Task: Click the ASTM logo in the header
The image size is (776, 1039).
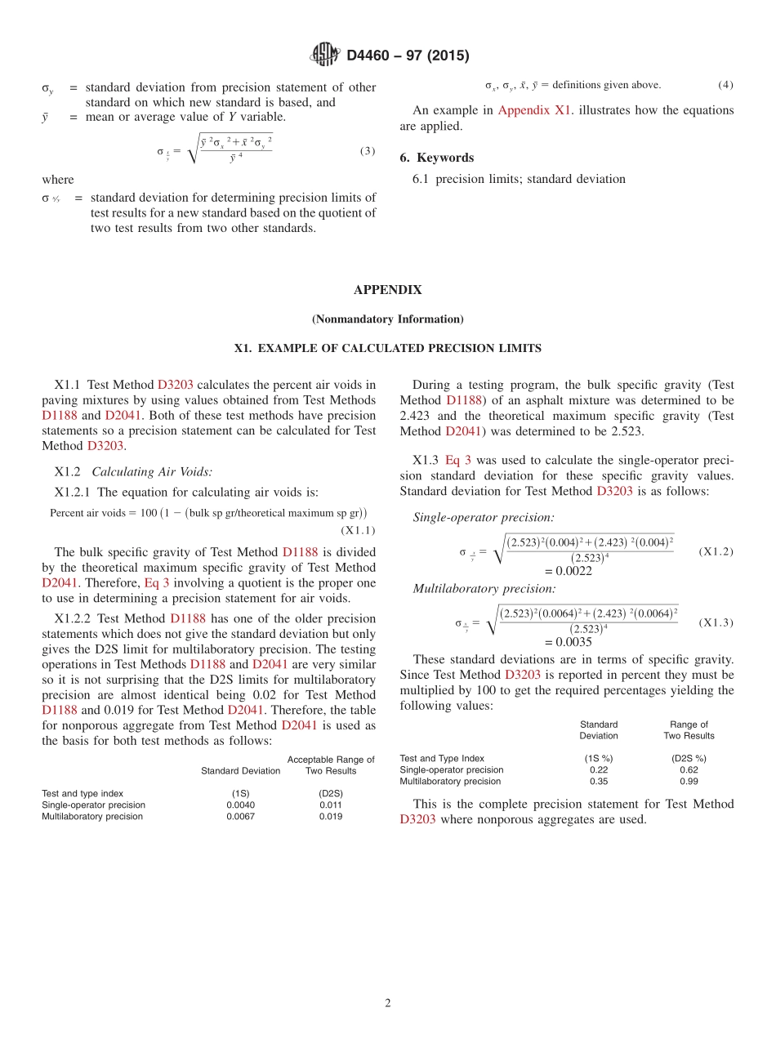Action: tap(324, 56)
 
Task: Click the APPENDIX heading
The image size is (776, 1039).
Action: tap(387, 290)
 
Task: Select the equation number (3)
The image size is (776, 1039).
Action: tap(367, 151)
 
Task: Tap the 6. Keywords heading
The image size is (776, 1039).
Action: tap(436, 158)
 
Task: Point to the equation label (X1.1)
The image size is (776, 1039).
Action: tap(358, 529)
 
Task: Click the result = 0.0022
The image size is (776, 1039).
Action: tap(568, 571)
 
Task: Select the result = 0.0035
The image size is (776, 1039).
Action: tap(568, 642)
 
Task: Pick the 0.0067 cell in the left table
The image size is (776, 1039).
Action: tap(240, 816)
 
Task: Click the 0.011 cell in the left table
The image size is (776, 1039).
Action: tap(331, 805)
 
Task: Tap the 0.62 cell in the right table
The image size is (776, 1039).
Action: tap(689, 769)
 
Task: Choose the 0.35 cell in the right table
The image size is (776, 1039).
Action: tap(599, 781)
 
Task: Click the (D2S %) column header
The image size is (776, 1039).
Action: tap(689, 758)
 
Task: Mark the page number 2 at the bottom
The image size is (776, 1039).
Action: tap(388, 1003)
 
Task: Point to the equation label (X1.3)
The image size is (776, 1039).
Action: tap(716, 623)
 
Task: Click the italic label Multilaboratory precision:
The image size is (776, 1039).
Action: tap(484, 588)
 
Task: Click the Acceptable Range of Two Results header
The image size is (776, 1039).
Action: tap(331, 765)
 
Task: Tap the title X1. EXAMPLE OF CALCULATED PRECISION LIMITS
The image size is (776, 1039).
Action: tap(387, 348)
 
